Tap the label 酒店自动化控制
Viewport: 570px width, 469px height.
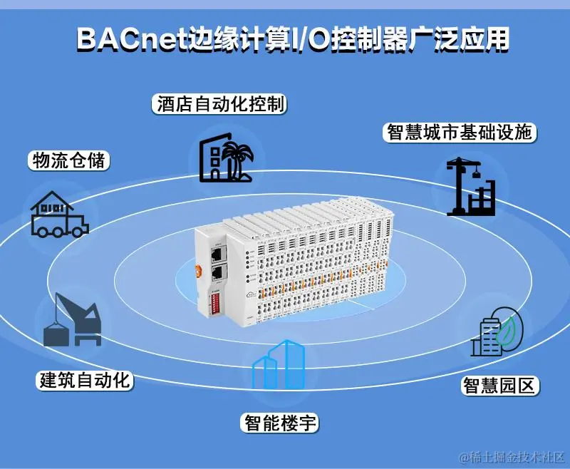click(219, 104)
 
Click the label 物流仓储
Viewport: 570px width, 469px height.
click(68, 160)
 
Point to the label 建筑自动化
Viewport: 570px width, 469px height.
click(84, 380)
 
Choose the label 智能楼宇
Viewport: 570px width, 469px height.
click(279, 423)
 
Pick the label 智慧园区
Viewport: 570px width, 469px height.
click(499, 386)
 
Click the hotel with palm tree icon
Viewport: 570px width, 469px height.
click(227, 158)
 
